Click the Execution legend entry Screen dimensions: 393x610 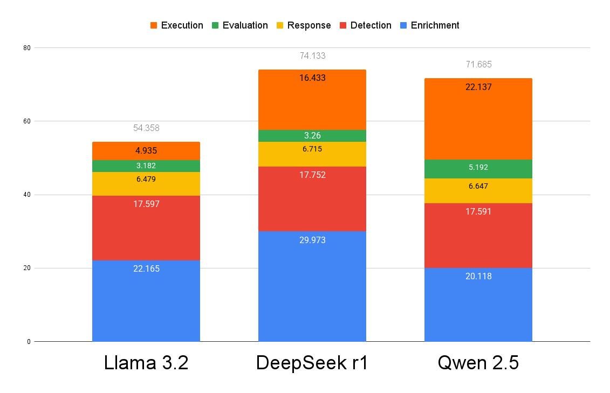pyautogui.click(x=176, y=25)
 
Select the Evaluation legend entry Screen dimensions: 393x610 pyautogui.click(x=239, y=25)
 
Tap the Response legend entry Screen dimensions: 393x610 pyautogui.click(x=304, y=25)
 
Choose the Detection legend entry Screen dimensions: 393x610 pyautogui.click(x=365, y=25)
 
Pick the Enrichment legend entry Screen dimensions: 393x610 pyautogui.click(x=429, y=25)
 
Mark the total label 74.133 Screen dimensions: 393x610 pyautogui.click(x=312, y=56)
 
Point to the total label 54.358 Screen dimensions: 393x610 pyautogui.click(x=146, y=128)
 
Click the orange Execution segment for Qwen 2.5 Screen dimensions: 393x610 pyautogui.click(x=478, y=119)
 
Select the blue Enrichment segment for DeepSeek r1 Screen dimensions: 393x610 pyautogui.click(x=312, y=286)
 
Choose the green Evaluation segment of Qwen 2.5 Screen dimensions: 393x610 pyautogui.click(x=478, y=169)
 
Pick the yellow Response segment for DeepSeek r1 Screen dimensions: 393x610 pyautogui.click(x=312, y=154)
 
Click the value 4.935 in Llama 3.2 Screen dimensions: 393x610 pyautogui.click(x=146, y=151)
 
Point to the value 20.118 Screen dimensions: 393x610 pyautogui.click(x=478, y=277)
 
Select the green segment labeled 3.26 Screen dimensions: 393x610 pyautogui.click(x=312, y=136)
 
